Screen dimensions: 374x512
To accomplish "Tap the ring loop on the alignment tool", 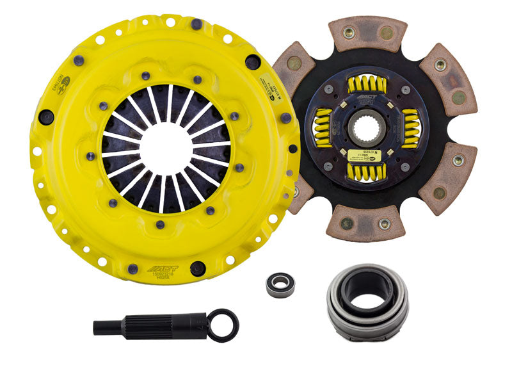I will [x=225, y=324].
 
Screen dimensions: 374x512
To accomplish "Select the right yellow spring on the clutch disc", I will [x=410, y=127].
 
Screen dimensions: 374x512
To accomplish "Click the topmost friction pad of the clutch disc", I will [x=369, y=34].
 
